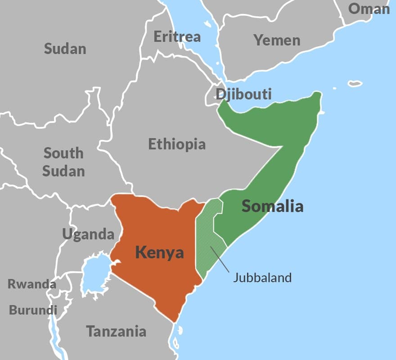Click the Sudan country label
coord(65,49)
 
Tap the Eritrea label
coord(177,36)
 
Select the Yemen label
coord(277,40)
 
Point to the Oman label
coord(369,9)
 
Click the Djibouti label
coord(243,94)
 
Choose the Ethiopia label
coord(177,144)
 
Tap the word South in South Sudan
coord(63,153)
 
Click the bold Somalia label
coord(272,206)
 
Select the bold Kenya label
coord(159,252)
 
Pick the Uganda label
coord(88,234)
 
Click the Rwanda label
coord(31,284)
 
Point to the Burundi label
coord(33,310)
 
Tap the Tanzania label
coord(116,332)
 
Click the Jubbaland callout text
coord(262,277)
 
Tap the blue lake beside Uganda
coord(94,274)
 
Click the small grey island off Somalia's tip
coord(355,83)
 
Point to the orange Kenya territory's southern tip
coord(173,320)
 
